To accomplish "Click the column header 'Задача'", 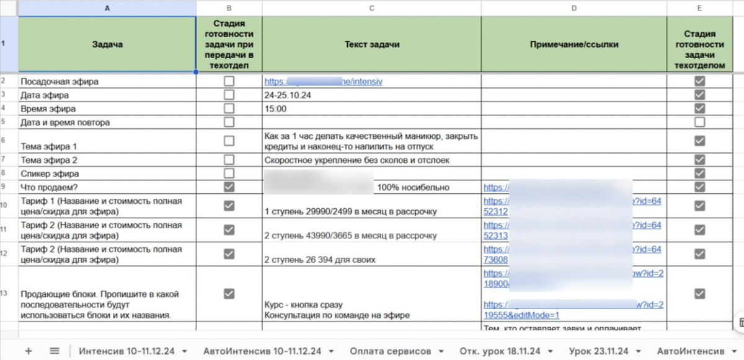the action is [x=107, y=45].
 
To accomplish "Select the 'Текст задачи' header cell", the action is [x=371, y=45].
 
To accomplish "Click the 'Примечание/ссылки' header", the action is [x=574, y=45].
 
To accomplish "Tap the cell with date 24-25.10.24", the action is [x=287, y=95].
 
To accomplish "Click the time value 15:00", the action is [x=275, y=108].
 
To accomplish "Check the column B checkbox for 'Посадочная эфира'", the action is [x=229, y=81].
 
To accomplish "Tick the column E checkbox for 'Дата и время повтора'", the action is [x=699, y=122].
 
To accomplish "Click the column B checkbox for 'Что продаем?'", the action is [x=229, y=187].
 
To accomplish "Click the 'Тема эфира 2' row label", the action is [x=48, y=160].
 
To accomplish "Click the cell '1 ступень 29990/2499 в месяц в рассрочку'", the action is [x=350, y=211].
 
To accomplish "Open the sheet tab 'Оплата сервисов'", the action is [x=390, y=351].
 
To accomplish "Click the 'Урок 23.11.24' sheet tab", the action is [x=598, y=351].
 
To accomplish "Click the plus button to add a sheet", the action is [x=28, y=351].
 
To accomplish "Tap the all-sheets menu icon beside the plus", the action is [x=55, y=351].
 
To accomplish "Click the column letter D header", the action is [x=574, y=8].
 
